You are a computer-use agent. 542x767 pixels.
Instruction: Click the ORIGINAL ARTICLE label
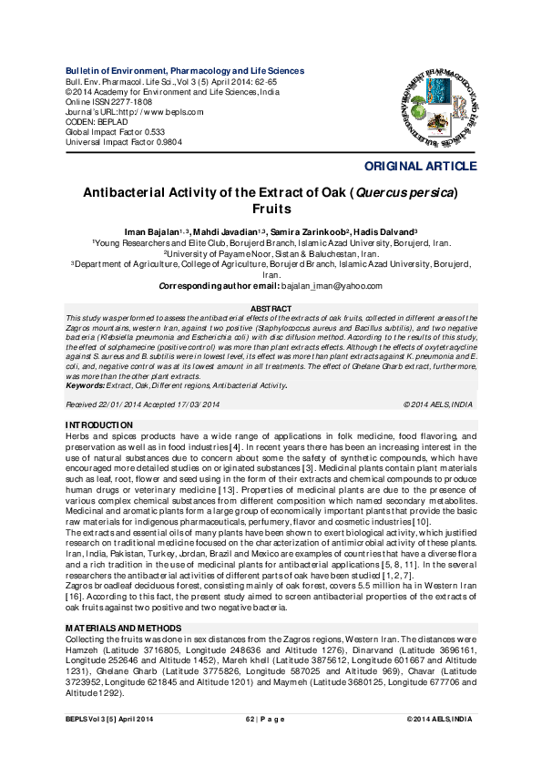[x=420, y=167]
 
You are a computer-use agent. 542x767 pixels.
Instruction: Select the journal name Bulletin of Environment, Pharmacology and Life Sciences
[x=185, y=71]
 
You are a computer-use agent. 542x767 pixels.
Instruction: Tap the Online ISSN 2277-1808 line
[x=108, y=101]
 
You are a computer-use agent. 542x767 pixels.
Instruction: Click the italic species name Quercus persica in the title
[x=402, y=193]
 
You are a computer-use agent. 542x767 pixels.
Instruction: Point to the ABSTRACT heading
[x=271, y=310]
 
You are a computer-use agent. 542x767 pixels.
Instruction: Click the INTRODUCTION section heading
[x=101, y=425]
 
